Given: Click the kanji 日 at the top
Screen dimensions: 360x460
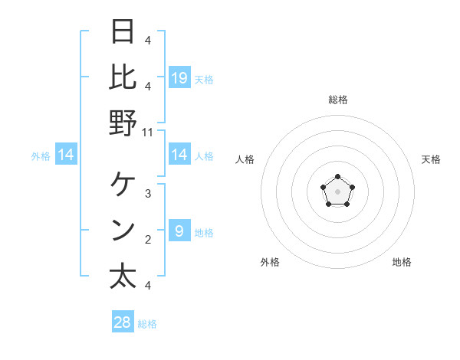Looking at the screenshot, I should [123, 33].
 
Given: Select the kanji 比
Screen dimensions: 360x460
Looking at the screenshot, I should [123, 77].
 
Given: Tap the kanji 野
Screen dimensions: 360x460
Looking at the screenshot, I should [123, 122].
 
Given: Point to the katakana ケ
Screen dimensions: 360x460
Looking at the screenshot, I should [123, 184].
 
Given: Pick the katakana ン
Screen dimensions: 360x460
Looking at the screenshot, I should [123, 231].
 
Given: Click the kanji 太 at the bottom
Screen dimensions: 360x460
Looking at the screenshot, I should [123, 276].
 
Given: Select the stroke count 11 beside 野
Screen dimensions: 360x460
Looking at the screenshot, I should [148, 132].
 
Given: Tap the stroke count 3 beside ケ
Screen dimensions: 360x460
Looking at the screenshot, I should [148, 193].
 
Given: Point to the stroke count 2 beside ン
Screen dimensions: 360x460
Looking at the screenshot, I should [148, 240].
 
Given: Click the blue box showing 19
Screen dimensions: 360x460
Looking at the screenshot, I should [179, 77].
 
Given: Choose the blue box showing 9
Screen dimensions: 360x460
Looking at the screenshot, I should [179, 231].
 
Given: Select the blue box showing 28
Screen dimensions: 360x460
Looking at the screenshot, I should [123, 322].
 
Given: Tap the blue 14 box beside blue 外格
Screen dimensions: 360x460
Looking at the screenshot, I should [66, 155].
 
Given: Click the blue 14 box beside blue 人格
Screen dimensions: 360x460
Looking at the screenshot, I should [179, 155].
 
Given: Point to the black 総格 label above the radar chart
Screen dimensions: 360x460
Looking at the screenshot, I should [338, 100].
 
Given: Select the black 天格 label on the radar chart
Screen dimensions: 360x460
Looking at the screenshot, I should [431, 159].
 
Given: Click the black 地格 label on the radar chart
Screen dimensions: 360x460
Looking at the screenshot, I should [402, 262].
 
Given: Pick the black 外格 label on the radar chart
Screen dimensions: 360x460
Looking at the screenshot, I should [270, 262].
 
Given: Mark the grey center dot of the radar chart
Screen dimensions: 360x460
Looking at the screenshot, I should [337, 191].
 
